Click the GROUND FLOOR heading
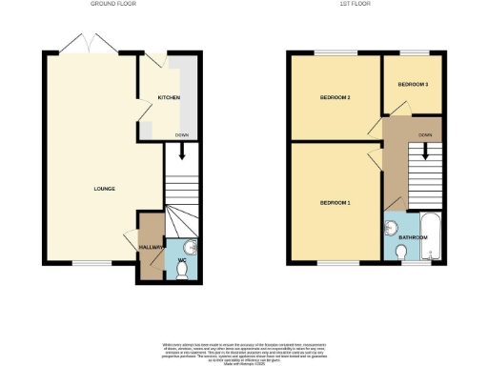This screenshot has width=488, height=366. point(112,4)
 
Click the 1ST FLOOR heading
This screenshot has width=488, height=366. point(355,4)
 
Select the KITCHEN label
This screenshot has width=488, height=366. point(169,98)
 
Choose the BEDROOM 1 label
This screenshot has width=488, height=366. point(335,203)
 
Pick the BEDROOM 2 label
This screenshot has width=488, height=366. point(335,97)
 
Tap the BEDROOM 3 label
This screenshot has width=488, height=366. point(413,85)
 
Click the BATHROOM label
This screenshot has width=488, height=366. point(413,237)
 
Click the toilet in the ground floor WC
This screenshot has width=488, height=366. point(181,270)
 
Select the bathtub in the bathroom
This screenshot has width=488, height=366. point(431,238)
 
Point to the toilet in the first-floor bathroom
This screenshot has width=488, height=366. point(402,252)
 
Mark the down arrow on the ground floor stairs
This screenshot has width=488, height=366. point(181,149)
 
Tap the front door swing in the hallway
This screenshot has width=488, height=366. point(131,240)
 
